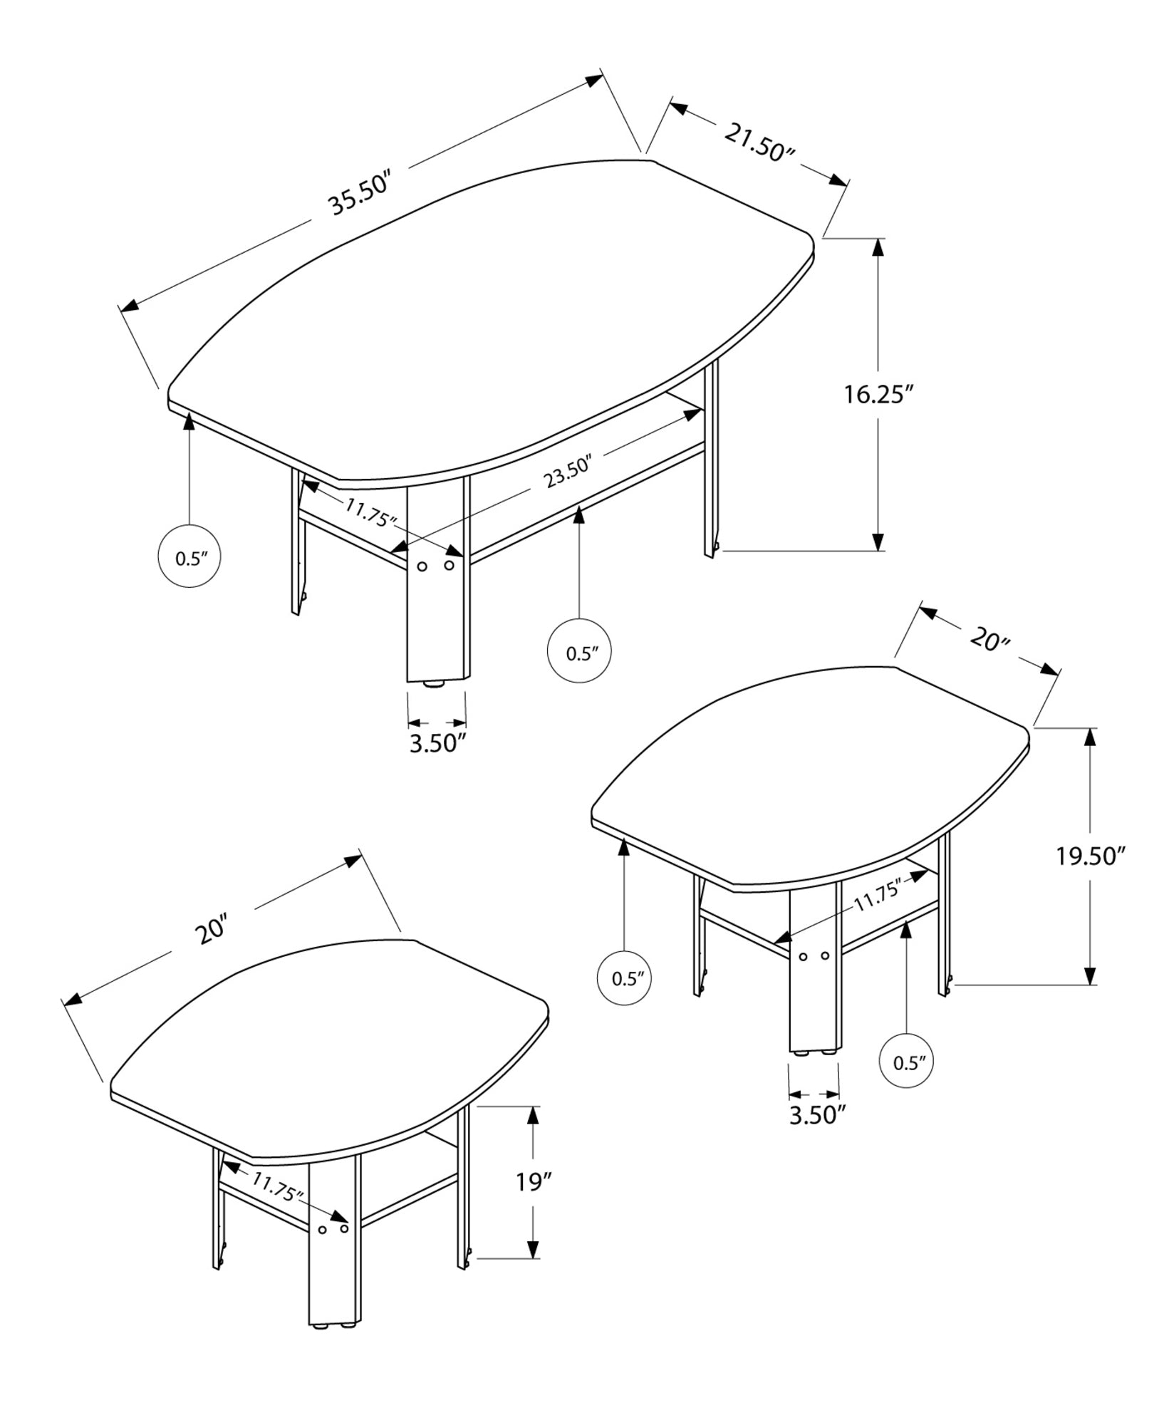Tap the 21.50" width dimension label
pos(759,142)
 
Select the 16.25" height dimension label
pos(878,394)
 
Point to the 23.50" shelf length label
pos(569,472)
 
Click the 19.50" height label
pos(1090,856)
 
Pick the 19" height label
pos(534,1183)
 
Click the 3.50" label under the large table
pos(437,742)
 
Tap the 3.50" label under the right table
pos(816,1134)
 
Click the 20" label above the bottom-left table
pos(213,931)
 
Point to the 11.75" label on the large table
pos(370,512)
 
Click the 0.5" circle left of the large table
pos(189,558)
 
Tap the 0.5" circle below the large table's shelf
pos(579,653)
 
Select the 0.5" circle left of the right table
pos(625,978)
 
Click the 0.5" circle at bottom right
pos(907,1083)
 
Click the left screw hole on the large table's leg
pos(422,566)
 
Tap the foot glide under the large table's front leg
pos(434,684)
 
